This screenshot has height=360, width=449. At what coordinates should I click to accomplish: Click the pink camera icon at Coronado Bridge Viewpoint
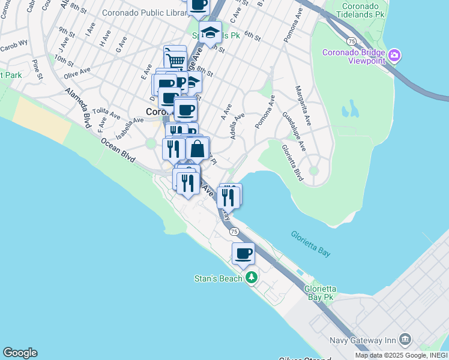[x=395, y=56]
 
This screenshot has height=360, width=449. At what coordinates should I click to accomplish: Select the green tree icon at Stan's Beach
[x=251, y=278]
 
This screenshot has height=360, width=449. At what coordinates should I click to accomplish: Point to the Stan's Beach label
[x=217, y=278]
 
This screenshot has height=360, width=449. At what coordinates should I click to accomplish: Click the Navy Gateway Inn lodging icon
[x=405, y=340]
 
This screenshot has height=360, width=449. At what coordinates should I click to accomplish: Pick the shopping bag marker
[x=197, y=149]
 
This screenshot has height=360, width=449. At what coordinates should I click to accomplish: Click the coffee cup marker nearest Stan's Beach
[x=243, y=253]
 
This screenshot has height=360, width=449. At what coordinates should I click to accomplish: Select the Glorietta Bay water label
[x=310, y=244]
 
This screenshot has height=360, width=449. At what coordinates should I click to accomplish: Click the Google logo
[x=19, y=353]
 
